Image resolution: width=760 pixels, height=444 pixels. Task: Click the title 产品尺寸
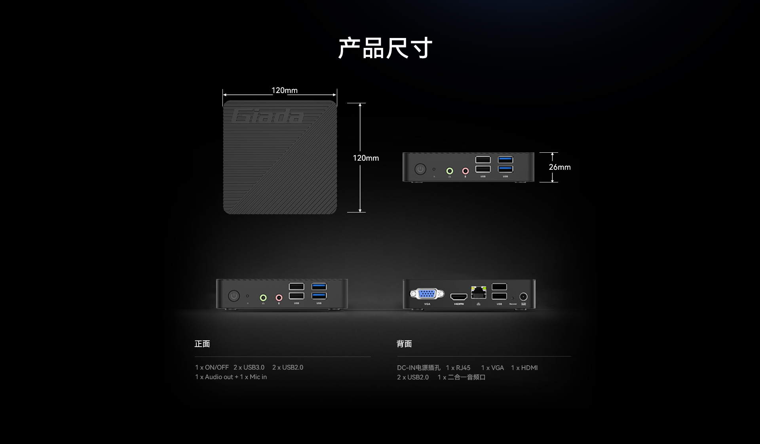coord(385,48)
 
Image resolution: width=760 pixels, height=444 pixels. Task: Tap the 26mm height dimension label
coord(559,167)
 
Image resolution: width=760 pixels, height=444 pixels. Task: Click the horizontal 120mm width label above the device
coord(284,91)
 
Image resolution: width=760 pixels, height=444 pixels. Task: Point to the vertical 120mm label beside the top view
coord(365,158)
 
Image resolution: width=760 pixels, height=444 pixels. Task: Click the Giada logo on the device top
coord(268,116)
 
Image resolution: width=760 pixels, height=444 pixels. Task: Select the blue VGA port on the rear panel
coord(427,294)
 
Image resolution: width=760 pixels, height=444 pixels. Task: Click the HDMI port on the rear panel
coord(459,296)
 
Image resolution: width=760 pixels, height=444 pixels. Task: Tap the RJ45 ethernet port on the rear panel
coord(479,293)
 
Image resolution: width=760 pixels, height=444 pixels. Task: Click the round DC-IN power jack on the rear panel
coord(523,296)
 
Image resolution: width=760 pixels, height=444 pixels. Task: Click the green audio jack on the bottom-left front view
coord(263,297)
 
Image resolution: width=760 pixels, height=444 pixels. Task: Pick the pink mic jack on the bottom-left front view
coord(279,297)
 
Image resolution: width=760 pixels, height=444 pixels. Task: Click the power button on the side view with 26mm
coord(420,169)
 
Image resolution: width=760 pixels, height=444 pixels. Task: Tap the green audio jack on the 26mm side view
coord(450,171)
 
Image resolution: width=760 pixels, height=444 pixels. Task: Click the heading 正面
coord(202,344)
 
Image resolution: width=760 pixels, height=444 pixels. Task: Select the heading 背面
coord(404,344)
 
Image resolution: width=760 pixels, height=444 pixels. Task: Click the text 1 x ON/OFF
coord(212,368)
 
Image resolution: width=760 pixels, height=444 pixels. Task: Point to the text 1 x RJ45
coord(458,368)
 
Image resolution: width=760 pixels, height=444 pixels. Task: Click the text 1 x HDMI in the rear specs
coord(524,368)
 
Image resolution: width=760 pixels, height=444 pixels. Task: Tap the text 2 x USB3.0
coord(249,368)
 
